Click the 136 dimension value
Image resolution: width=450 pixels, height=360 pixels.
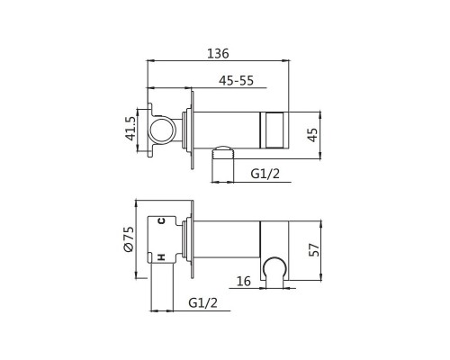point(218,54)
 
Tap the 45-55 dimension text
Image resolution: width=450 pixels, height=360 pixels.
point(236,80)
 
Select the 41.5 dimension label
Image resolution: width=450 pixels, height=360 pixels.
point(130,129)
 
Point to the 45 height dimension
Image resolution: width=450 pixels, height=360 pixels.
point(312,135)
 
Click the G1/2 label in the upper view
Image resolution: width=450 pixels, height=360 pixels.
point(265,174)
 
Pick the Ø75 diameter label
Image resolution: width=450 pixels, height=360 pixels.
point(129,239)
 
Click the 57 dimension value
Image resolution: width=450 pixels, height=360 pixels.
point(314,249)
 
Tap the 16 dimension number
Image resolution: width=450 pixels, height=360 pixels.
point(243,281)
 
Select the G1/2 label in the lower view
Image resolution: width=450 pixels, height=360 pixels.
point(202,303)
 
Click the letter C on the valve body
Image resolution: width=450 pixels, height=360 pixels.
point(161,221)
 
